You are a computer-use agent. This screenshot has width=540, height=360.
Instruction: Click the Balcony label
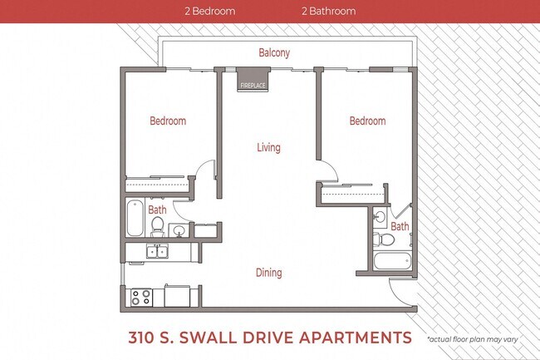[x=274, y=53]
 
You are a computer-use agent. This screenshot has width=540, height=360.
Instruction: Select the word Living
[x=268, y=148]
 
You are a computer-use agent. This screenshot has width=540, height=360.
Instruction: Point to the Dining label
[x=268, y=273]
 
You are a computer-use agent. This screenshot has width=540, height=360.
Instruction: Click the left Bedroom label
[x=168, y=121]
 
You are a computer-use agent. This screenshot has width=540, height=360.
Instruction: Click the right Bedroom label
[x=367, y=121]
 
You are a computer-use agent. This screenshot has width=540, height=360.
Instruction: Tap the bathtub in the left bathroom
[x=135, y=218]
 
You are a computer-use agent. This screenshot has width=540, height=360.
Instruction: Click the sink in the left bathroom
[x=178, y=230]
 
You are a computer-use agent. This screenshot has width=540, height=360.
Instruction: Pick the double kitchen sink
[x=157, y=251]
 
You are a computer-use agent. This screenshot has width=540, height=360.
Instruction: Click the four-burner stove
[x=140, y=295]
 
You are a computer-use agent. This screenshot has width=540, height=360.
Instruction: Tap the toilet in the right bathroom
[x=385, y=240]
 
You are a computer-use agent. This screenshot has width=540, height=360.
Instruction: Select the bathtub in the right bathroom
[x=391, y=263]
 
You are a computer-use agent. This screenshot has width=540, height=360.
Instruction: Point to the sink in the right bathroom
[x=379, y=218]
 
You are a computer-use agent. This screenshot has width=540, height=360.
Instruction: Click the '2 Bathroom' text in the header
[x=328, y=12]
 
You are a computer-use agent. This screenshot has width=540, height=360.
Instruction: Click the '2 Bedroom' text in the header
[x=209, y=12]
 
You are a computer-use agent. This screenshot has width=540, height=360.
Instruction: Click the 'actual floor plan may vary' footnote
[x=477, y=339]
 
